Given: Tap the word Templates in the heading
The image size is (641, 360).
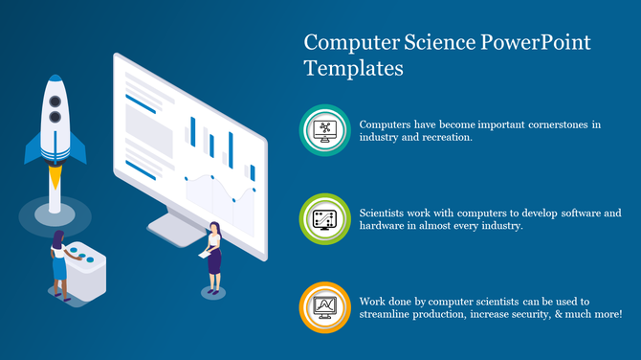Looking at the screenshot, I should click(354, 69).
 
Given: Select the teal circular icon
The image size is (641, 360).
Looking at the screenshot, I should click(326, 131).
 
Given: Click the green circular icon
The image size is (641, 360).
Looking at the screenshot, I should click(325, 218).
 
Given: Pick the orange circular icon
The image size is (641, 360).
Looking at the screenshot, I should click(325, 307).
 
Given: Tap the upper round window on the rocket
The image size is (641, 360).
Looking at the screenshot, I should click(54, 116).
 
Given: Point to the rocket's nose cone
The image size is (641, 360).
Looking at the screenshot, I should click(54, 88).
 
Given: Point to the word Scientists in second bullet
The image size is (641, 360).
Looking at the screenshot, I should click(388, 212).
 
